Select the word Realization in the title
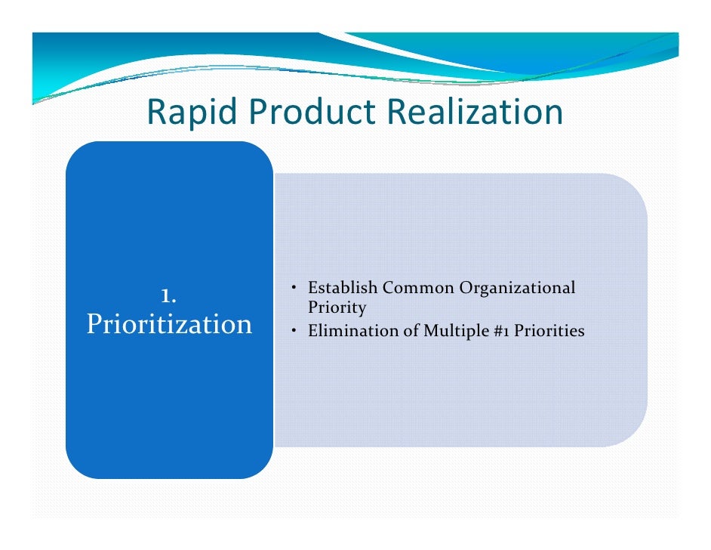[x=475, y=113]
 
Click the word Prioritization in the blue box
[x=169, y=324]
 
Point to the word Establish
[x=343, y=288]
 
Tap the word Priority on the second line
[x=337, y=307]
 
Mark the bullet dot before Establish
[x=293, y=289]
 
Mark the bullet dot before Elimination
[x=293, y=331]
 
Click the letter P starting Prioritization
[x=94, y=324]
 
